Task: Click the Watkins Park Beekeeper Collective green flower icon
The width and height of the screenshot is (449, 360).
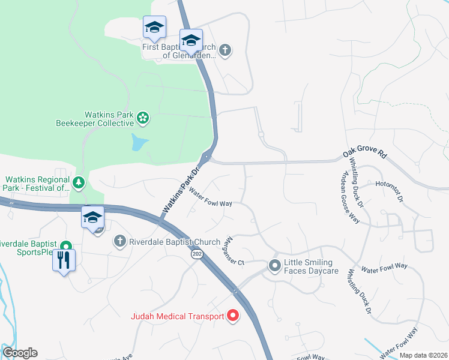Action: [143, 118]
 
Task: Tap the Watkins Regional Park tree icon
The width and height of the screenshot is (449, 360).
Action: [79, 182]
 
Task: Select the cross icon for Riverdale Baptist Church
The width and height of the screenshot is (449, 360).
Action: [119, 241]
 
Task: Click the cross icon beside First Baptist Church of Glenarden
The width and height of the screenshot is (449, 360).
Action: [225, 50]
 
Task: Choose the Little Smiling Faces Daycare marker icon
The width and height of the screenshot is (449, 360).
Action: [275, 265]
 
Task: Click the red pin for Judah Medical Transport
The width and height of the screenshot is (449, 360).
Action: [232, 316]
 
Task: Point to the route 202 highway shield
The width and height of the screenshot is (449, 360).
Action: [196, 255]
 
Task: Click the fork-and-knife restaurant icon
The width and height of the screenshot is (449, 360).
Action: [64, 259]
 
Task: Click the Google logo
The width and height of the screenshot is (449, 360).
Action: [20, 353]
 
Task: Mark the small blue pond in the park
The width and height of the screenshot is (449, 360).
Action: [138, 143]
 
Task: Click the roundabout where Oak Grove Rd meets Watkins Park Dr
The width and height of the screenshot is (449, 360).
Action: [206, 158]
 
